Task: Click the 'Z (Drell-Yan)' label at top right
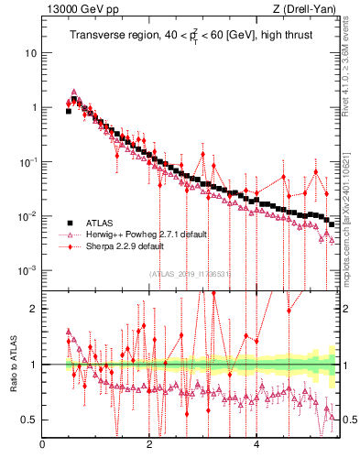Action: click(x=309, y=10)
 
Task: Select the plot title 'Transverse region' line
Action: click(x=189, y=36)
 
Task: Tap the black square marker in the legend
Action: click(x=69, y=223)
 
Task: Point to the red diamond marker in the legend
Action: click(x=69, y=246)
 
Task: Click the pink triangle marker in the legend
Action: click(x=69, y=234)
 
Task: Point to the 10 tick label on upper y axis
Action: click(x=30, y=52)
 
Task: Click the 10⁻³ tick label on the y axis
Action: click(x=27, y=270)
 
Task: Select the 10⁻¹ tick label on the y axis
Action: click(x=27, y=161)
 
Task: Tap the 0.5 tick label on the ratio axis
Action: click(x=27, y=420)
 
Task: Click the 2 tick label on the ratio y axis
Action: click(x=33, y=309)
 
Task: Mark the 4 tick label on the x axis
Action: click(x=256, y=446)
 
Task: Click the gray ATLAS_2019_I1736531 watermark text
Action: click(x=189, y=273)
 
